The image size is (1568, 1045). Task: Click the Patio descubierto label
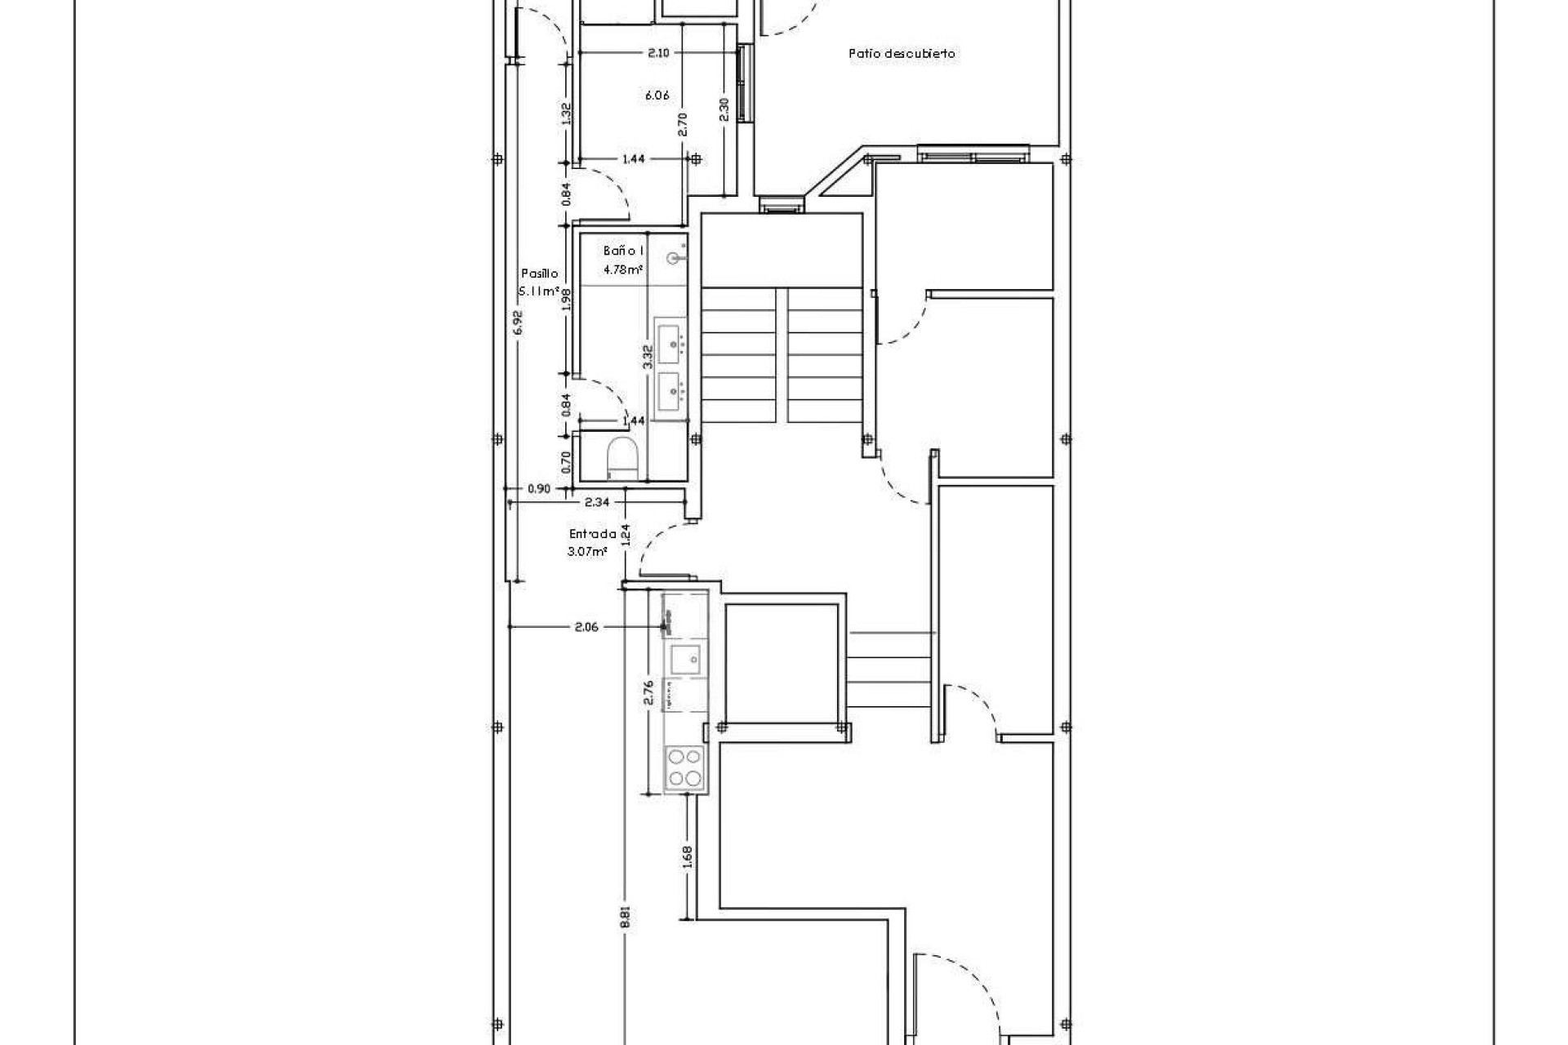point(902,54)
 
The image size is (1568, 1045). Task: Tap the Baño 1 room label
point(624,251)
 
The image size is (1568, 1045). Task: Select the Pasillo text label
point(539,273)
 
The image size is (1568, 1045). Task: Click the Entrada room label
point(593,534)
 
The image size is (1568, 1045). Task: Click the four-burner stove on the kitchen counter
point(684,767)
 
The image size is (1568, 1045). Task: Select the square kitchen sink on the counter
point(684,657)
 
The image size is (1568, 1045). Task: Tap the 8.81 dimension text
point(626,917)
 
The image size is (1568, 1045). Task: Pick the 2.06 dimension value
point(586,627)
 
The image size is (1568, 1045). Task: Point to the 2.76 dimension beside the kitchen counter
point(649,691)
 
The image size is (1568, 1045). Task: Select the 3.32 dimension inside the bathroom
point(648,357)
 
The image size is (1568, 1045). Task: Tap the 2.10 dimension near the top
point(658,53)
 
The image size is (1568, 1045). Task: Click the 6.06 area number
point(657,96)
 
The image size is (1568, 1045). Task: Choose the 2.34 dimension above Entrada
point(597,503)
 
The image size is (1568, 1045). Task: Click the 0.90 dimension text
point(539,489)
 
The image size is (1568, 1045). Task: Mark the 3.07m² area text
point(587,552)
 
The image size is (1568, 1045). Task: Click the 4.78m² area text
point(622,269)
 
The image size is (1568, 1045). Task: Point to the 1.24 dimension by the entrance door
point(626,534)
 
